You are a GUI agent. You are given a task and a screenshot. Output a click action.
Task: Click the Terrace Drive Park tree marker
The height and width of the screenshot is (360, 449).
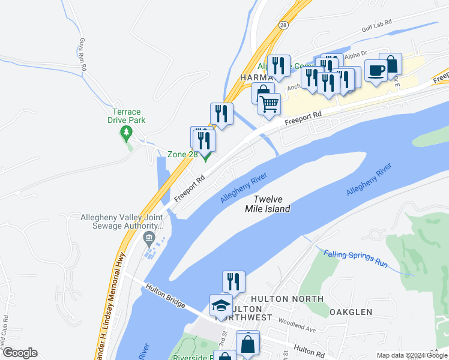pos(126,131)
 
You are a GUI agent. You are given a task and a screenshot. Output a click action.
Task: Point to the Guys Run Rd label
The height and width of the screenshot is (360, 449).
pos(82,56)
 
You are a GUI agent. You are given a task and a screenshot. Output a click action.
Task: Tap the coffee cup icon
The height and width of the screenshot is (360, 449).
pos(376,70)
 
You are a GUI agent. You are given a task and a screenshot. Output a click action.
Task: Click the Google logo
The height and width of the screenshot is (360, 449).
pos(19,353)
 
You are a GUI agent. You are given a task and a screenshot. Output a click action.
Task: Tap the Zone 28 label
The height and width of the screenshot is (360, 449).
pos(182,154)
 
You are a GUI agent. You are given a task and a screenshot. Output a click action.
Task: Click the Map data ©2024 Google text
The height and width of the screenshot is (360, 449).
pos(412,355)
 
